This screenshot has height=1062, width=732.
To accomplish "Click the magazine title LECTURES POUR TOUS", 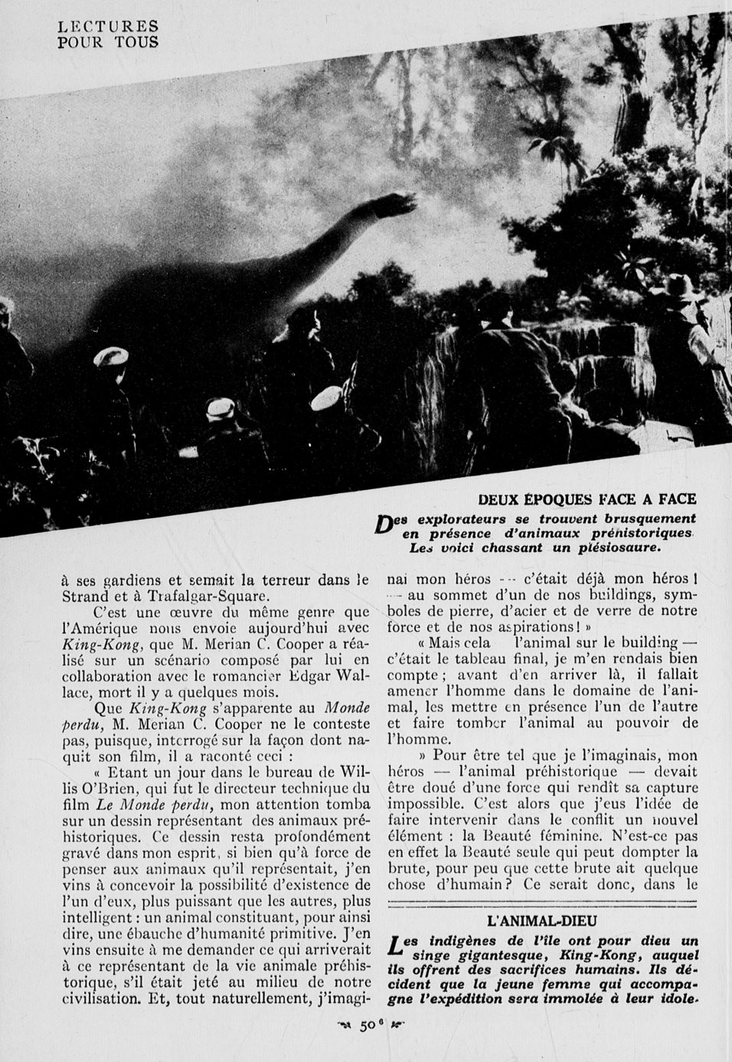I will (x=108, y=35).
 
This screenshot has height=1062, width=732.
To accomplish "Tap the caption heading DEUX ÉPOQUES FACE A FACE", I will (x=587, y=500).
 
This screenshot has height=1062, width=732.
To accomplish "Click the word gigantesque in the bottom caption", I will (x=512, y=955).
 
